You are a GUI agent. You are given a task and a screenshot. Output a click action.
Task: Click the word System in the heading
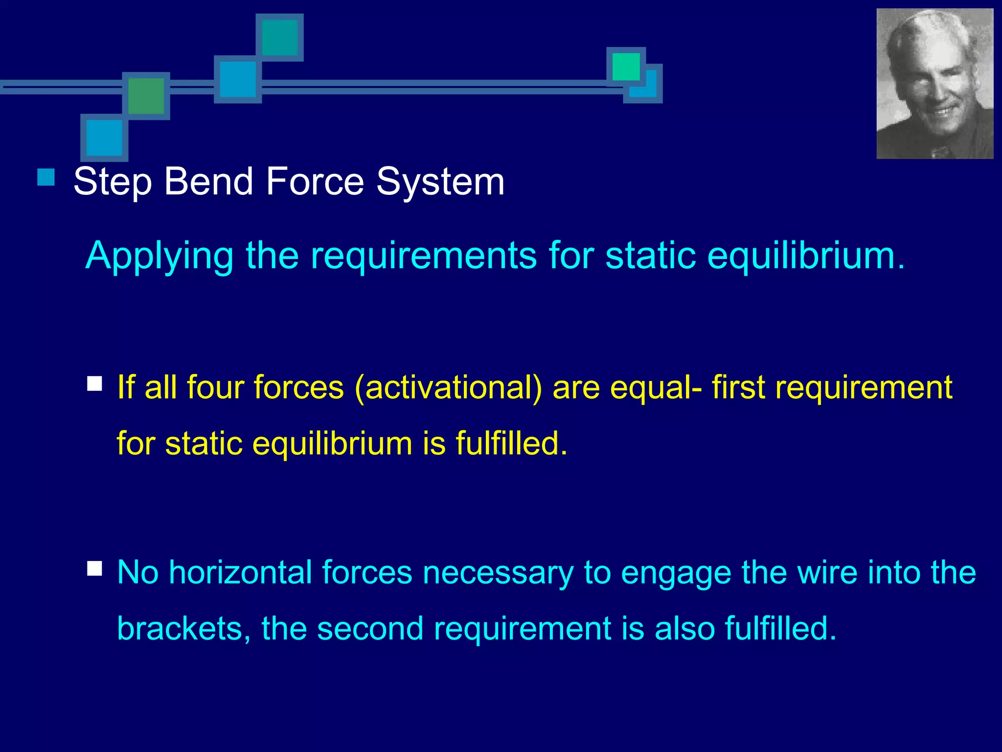(440, 182)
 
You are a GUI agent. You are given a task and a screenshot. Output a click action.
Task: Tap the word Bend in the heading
(208, 182)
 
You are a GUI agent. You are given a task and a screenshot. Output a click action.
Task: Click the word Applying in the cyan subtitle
(159, 256)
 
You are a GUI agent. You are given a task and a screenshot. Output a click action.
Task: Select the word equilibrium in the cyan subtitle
(805, 256)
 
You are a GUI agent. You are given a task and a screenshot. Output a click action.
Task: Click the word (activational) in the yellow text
(448, 388)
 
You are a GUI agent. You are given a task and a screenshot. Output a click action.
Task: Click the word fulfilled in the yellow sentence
(511, 444)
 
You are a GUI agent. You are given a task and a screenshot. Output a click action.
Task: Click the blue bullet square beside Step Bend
(46, 177)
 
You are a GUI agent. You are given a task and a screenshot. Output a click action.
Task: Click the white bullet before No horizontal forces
(94, 568)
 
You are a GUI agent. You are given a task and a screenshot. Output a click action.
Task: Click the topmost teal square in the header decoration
(280, 37)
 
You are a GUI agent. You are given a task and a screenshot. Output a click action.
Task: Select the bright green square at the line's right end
(626, 67)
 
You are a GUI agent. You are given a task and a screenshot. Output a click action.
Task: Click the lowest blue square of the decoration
(104, 138)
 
